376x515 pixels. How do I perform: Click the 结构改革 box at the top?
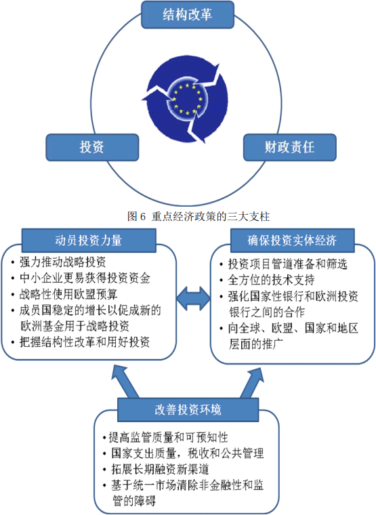point(188,15)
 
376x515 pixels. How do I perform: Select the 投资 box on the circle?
point(92,147)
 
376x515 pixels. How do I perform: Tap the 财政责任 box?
point(290,147)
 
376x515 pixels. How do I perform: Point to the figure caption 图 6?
point(199,216)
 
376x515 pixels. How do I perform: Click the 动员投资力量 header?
point(89,241)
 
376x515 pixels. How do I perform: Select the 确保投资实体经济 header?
point(292,241)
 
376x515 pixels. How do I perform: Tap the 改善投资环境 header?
point(188,410)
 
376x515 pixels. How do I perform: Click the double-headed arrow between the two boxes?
point(193,298)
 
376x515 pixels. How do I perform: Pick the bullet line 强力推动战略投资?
point(63,262)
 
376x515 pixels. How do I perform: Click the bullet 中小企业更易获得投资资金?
point(85,279)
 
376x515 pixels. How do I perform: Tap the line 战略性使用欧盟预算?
point(68,294)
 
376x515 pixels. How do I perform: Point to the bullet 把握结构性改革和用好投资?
point(85,342)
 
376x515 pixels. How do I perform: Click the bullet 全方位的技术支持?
point(271,280)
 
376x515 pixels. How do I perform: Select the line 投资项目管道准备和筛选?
point(288,264)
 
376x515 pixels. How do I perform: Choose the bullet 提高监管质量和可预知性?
point(168,438)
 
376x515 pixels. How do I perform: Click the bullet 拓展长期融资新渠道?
point(160,470)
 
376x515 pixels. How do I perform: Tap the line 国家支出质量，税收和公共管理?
point(188,453)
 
